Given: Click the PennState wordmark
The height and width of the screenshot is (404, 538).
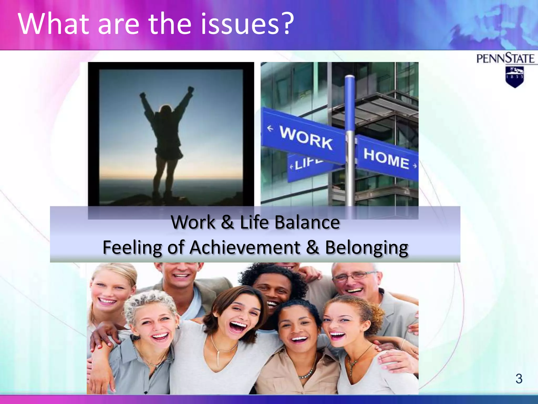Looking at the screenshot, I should tap(505, 58).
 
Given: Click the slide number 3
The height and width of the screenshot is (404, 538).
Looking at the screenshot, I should tap(519, 379).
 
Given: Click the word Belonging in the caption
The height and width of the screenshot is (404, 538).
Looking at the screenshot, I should tap(366, 248).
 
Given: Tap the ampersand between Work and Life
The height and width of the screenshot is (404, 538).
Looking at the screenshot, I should tap(227, 222).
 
